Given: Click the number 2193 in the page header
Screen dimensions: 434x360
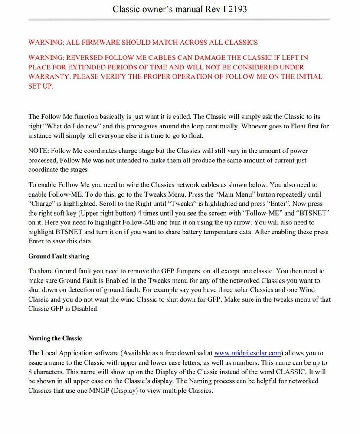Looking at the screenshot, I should click(236, 9).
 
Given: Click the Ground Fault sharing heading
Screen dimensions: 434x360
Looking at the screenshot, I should click(59, 256).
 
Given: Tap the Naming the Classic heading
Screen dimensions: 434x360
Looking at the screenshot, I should click(55, 338).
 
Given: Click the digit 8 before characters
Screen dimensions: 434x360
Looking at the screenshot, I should click(30, 372).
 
